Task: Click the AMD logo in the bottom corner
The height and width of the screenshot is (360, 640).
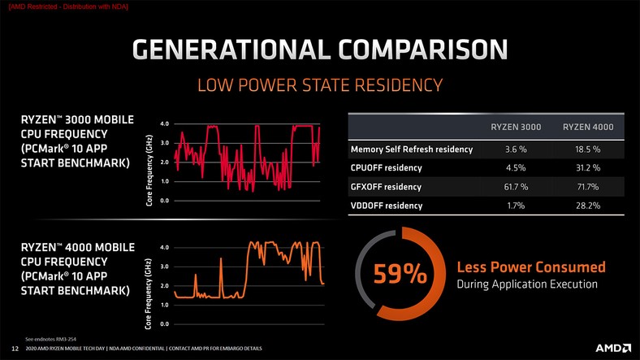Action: pos(613,348)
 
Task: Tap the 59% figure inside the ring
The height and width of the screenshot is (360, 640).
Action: pos(400,274)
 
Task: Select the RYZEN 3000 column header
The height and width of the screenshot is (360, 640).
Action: pos(516,127)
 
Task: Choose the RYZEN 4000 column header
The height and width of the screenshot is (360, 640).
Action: pos(588,127)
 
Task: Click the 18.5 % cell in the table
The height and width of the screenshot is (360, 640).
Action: pos(588,150)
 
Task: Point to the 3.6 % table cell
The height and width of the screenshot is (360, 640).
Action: pos(516,150)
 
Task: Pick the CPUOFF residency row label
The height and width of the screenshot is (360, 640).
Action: pos(386,167)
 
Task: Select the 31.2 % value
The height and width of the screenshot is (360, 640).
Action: pos(588,167)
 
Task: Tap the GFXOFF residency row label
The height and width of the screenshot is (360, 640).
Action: pos(386,187)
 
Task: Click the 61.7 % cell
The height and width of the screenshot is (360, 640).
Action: pos(516,187)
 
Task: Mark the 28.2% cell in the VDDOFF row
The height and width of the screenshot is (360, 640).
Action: pos(588,206)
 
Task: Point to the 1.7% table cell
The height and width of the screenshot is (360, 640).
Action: pos(516,206)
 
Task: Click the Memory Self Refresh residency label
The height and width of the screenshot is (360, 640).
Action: pos(412,150)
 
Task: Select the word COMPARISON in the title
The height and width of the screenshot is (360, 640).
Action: pos(422,50)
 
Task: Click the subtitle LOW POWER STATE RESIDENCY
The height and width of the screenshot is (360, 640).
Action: pos(320,85)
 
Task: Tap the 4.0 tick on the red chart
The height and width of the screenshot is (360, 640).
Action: pos(165,124)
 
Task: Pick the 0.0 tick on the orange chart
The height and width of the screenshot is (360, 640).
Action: pos(165,324)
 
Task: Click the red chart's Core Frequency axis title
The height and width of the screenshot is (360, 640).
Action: pos(149,170)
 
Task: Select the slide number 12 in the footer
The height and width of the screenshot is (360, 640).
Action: pos(15,349)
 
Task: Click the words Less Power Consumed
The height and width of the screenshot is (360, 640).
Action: pos(531,267)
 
